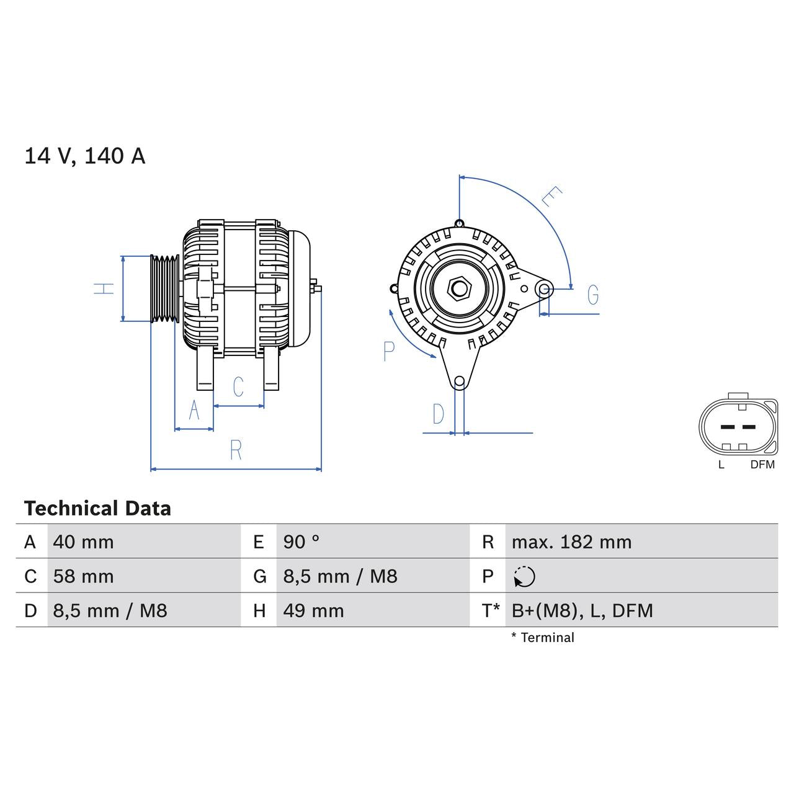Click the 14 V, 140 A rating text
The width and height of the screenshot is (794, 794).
(84, 156)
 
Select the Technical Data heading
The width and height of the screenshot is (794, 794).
(97, 509)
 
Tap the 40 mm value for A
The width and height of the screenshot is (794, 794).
(83, 542)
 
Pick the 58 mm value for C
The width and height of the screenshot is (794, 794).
(83, 576)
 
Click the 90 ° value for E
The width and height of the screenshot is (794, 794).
(301, 542)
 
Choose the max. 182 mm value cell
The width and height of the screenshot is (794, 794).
(571, 542)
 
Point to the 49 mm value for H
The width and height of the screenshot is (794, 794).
(313, 611)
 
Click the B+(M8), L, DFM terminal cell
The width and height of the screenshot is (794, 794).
(582, 611)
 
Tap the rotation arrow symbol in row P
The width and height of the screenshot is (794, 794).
(524, 577)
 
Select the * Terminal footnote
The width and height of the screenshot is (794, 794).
(543, 638)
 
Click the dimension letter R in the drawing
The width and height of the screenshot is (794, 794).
(236, 450)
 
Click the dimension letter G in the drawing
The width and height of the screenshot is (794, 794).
(593, 295)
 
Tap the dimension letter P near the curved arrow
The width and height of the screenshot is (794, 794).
(389, 351)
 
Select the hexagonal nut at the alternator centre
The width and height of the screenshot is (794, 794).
(458, 288)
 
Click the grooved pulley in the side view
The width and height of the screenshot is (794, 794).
(165, 288)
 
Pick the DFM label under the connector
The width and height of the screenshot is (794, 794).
(762, 465)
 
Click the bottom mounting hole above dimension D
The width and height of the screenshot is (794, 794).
(459, 381)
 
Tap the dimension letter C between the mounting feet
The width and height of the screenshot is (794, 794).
(238, 386)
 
